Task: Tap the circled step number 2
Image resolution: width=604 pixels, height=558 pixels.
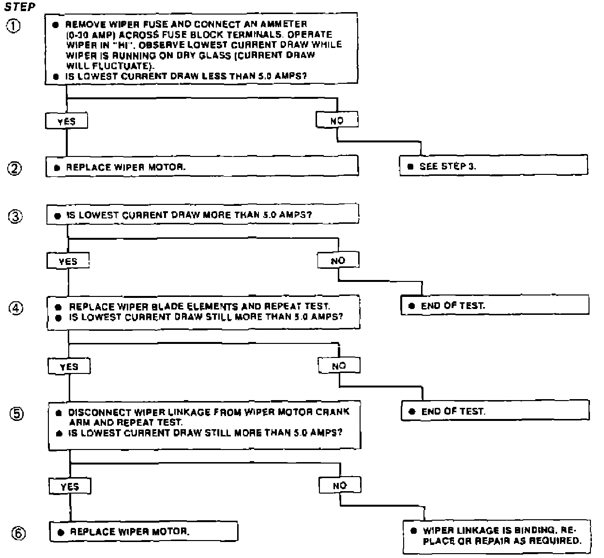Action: tap(15, 169)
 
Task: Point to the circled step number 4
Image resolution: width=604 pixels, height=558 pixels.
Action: tap(16, 309)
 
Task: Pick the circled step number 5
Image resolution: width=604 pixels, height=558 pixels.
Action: tap(16, 414)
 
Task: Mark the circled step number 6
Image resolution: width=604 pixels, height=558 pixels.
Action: tap(18, 533)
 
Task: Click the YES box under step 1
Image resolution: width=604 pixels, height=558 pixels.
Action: tap(66, 121)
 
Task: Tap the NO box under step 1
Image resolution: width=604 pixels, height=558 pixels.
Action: tap(337, 120)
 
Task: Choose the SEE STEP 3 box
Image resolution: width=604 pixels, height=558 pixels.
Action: tap(494, 166)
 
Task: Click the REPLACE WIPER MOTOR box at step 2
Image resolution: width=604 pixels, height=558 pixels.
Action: tap(202, 167)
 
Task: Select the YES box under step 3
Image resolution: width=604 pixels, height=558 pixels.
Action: tap(68, 261)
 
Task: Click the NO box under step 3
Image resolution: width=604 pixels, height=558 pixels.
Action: tap(338, 261)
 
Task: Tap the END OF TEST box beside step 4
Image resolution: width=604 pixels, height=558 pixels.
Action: tap(495, 306)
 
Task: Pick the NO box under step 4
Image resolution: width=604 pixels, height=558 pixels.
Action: tap(339, 366)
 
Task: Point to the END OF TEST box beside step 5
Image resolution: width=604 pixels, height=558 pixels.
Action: tap(496, 411)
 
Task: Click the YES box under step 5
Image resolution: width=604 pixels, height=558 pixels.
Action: tap(70, 487)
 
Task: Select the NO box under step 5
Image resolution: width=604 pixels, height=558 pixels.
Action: tap(340, 485)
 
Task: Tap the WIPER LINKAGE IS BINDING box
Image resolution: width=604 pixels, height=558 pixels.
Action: tap(497, 536)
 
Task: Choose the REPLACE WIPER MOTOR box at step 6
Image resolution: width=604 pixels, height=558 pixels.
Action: tap(144, 531)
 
